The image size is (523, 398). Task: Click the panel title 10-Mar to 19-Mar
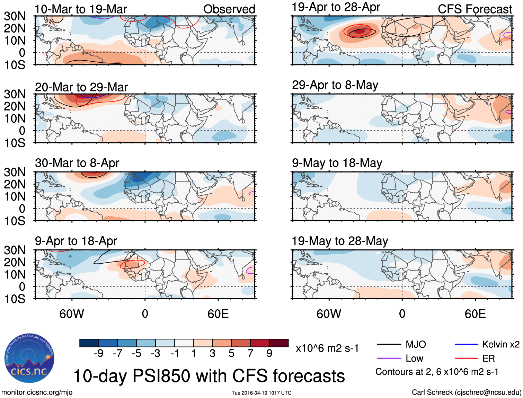click(81, 9)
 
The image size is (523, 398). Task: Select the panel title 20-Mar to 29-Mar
click(81, 87)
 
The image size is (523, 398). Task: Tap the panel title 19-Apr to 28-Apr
click(336, 7)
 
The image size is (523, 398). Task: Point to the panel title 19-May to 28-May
click(340, 241)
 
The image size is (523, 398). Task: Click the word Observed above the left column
click(229, 9)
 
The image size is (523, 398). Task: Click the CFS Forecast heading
click(475, 9)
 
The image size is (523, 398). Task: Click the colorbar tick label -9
click(98, 353)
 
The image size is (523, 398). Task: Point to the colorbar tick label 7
click(250, 353)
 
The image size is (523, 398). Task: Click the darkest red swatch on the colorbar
click(279, 343)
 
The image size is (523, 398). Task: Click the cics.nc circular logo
click(29, 359)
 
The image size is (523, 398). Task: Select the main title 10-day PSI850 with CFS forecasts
click(209, 376)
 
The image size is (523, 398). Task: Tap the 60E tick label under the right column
click(475, 314)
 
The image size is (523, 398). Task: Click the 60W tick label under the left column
click(72, 314)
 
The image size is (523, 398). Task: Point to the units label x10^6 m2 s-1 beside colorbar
click(327, 348)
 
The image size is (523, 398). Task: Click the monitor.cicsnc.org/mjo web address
click(37, 392)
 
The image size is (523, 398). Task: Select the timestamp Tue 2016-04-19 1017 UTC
click(261, 393)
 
